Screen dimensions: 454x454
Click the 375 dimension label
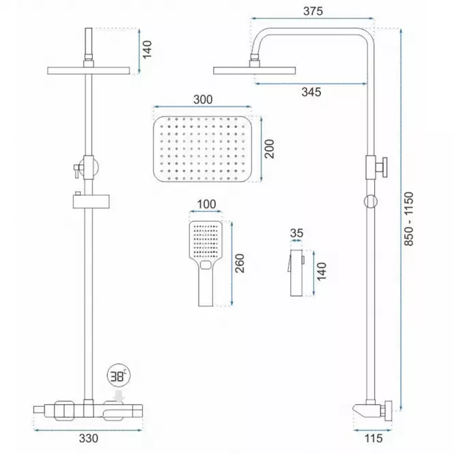(313, 11)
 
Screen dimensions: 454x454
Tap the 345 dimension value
(311, 92)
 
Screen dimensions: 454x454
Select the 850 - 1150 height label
(409, 219)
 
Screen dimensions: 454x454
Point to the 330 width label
(88, 438)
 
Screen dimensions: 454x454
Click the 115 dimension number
(373, 438)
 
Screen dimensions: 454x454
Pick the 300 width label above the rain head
(203, 100)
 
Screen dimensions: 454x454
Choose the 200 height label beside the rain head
(269, 149)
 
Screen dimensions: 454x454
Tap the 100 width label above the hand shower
(206, 204)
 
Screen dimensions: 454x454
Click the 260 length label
(240, 264)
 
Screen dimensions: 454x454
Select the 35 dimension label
(296, 233)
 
